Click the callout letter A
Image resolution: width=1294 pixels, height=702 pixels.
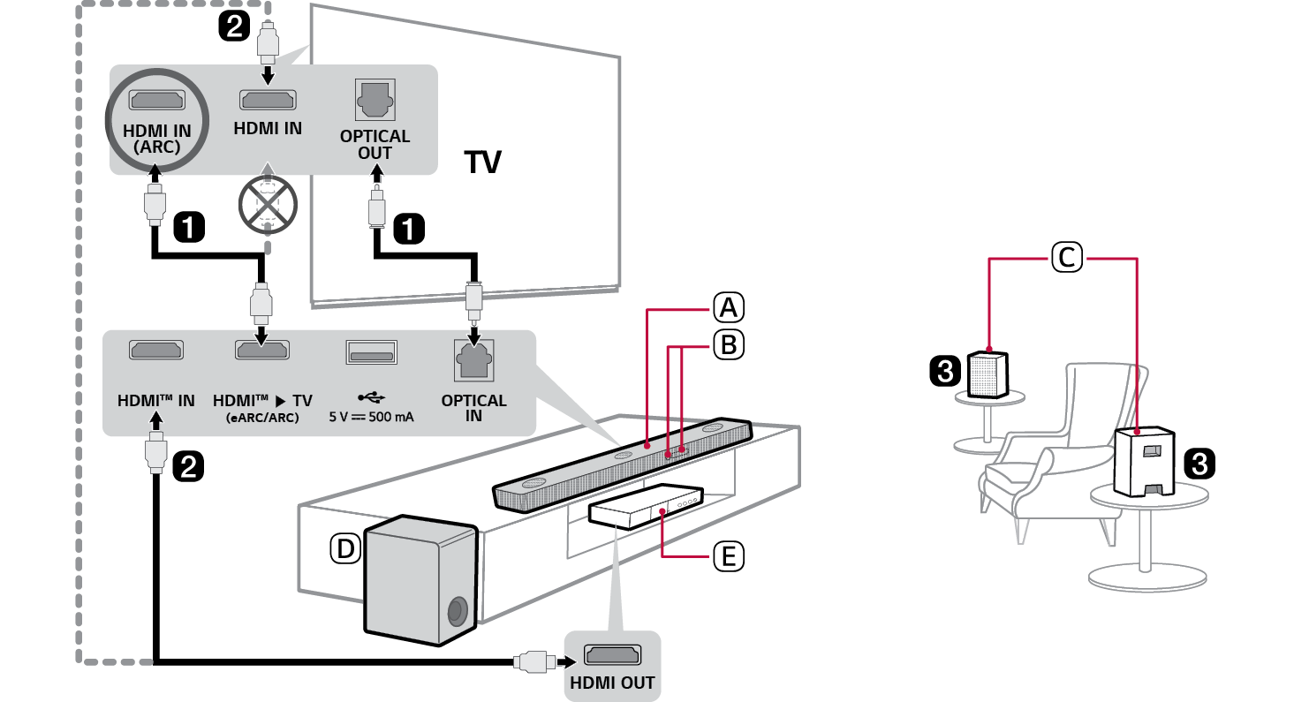[728, 308]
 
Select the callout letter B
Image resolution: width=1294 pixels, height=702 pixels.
[728, 345]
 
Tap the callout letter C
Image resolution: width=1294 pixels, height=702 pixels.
[1066, 258]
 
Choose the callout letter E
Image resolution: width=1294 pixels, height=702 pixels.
[728, 556]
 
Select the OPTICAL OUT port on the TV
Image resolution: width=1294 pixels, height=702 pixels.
[375, 101]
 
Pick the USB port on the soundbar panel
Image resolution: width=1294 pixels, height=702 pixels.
[370, 352]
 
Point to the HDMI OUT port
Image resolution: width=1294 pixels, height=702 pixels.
[611, 656]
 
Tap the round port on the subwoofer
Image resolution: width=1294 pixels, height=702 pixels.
[458, 611]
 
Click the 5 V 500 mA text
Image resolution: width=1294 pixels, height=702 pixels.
[371, 415]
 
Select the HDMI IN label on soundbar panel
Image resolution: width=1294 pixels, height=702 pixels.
[155, 400]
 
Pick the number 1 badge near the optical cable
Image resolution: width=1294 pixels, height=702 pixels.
[407, 229]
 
